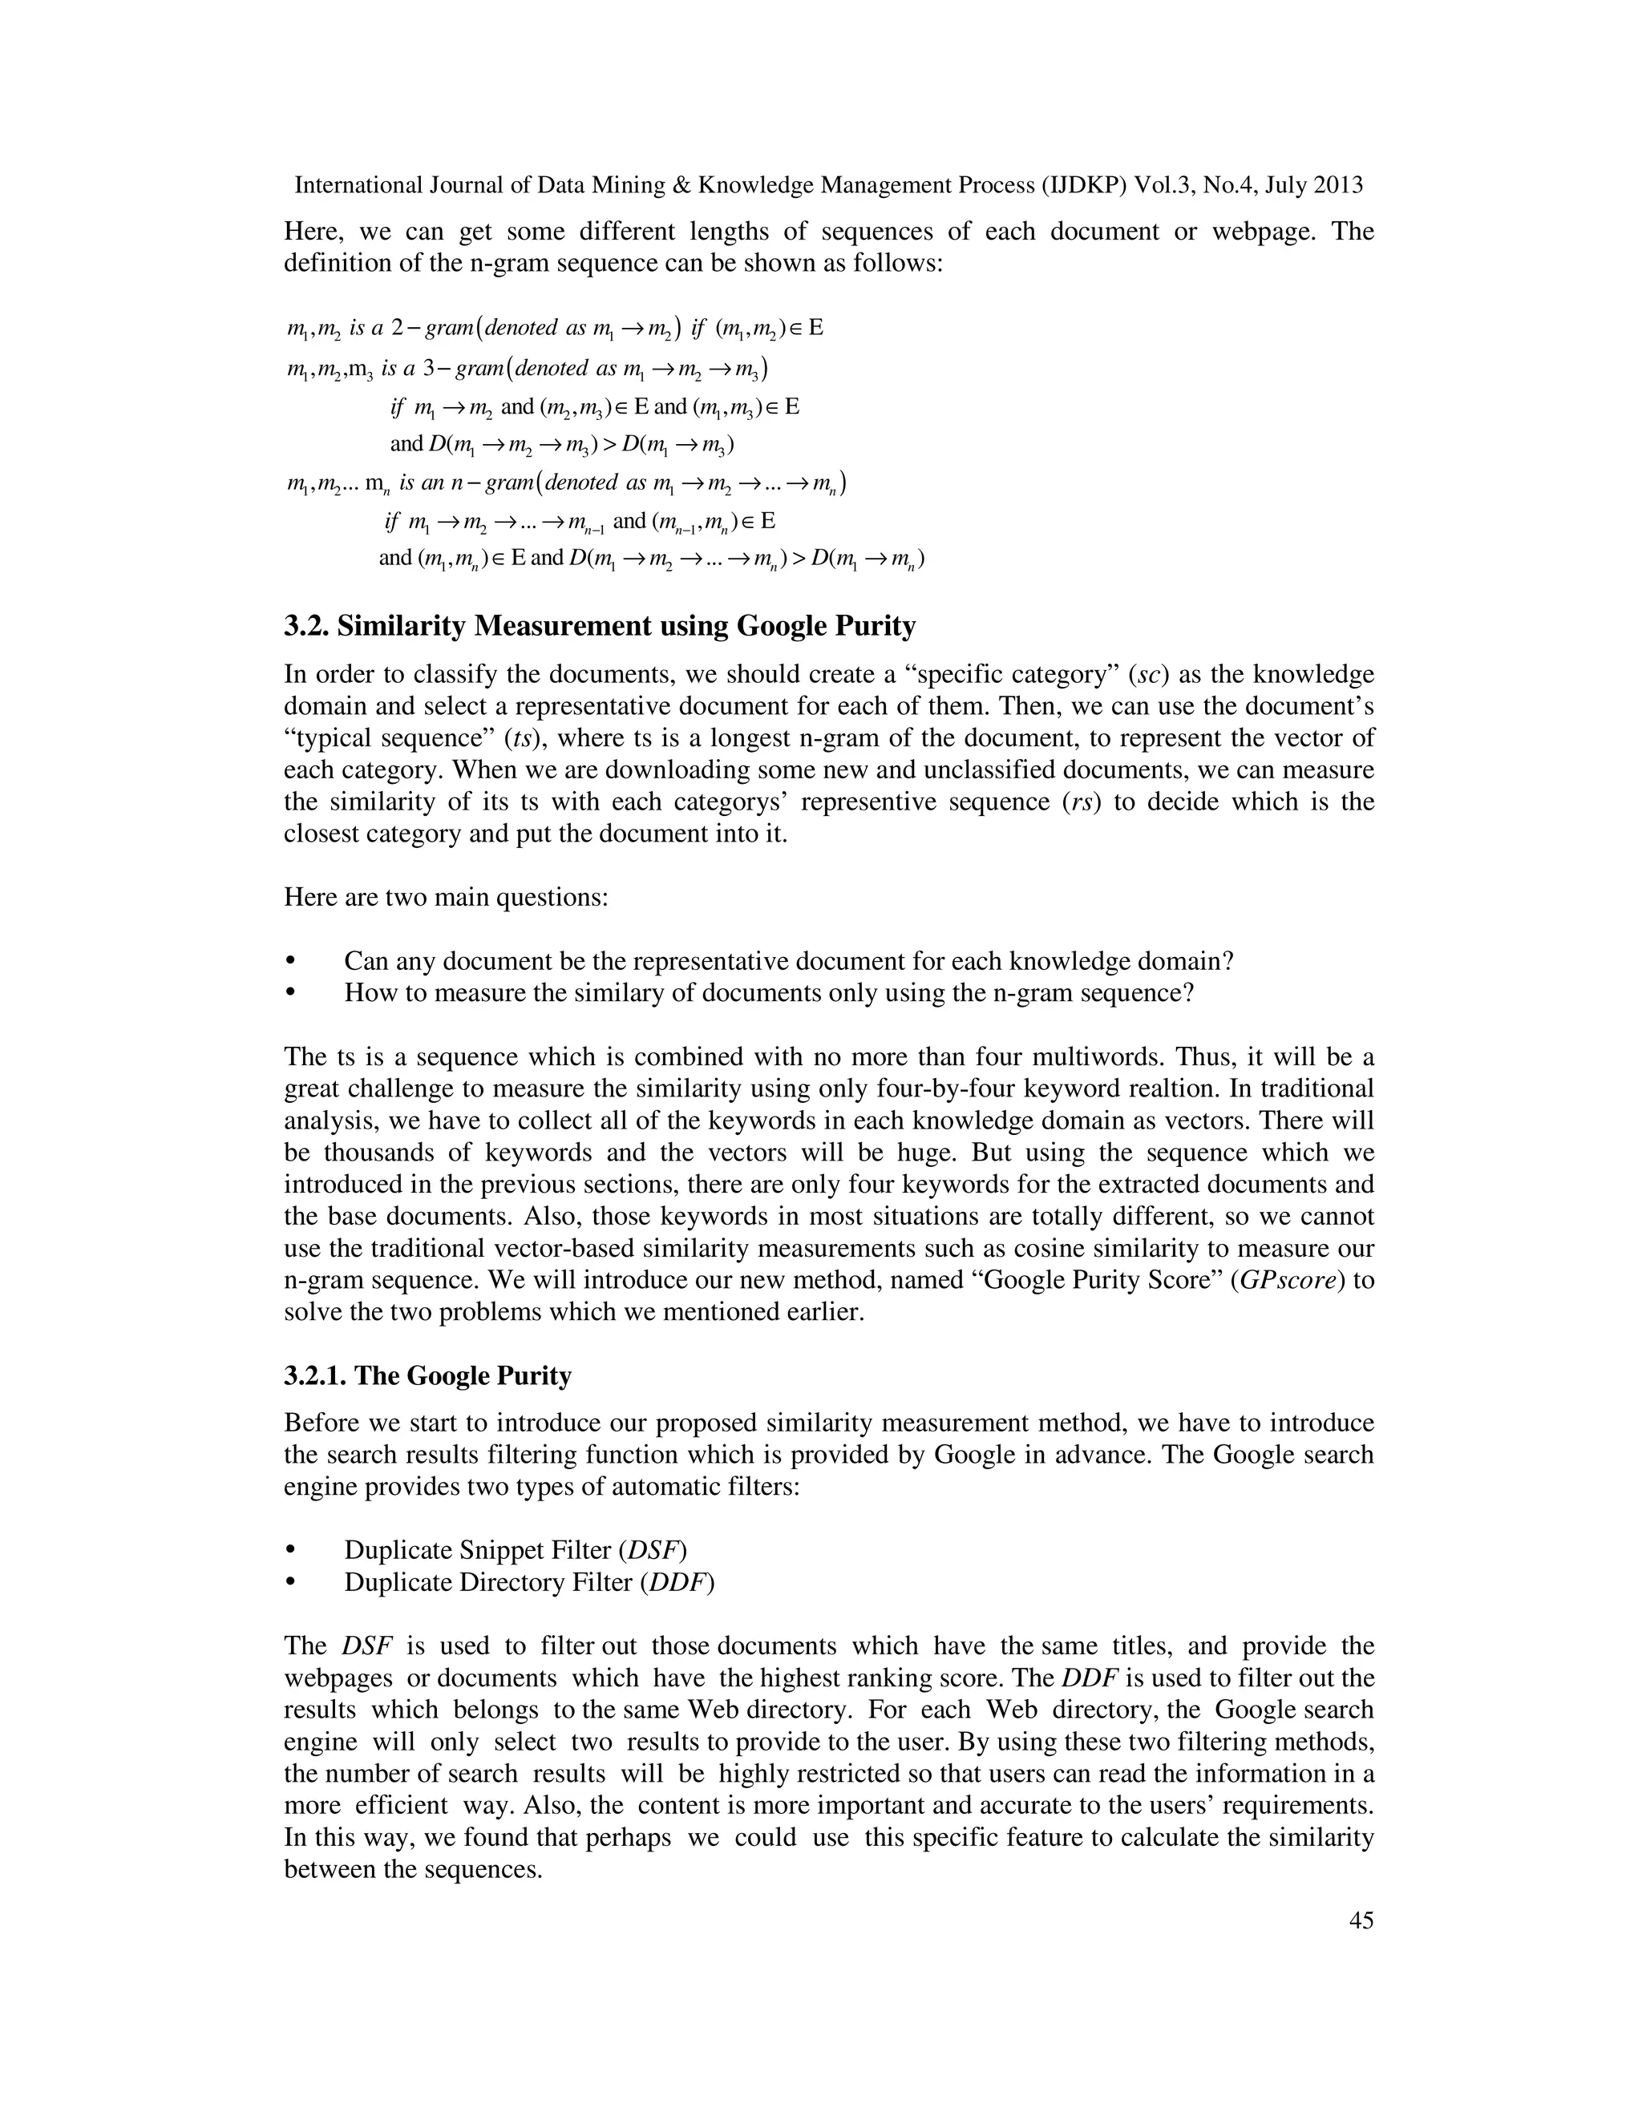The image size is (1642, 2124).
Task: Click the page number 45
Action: pyautogui.click(x=1361, y=1920)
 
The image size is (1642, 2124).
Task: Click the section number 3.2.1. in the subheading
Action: pyautogui.click(x=315, y=1375)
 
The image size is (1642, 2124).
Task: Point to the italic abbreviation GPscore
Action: pyautogui.click(x=1291, y=1280)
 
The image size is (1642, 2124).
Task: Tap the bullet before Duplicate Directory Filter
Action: pyautogui.click(x=290, y=1582)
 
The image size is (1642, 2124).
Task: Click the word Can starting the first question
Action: pyautogui.click(x=365, y=961)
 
